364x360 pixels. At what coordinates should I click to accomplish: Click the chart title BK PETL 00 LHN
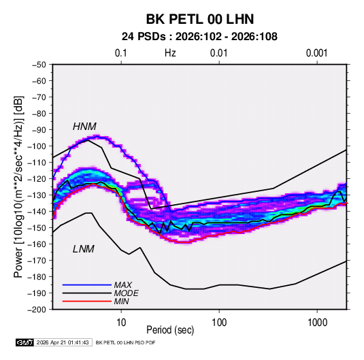click(x=200, y=19)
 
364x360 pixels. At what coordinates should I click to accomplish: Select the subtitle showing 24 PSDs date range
click(x=199, y=37)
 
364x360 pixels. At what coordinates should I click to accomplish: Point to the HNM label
click(x=84, y=127)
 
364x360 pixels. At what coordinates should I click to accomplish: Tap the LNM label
click(x=83, y=249)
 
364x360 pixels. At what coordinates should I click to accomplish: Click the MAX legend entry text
click(x=122, y=284)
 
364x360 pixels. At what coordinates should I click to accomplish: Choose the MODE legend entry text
click(x=126, y=293)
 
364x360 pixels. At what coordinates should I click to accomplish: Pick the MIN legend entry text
click(x=121, y=301)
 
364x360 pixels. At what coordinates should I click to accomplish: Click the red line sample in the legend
click(x=87, y=301)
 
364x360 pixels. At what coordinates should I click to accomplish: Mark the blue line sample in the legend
click(x=87, y=285)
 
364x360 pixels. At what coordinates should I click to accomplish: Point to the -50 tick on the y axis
click(x=39, y=65)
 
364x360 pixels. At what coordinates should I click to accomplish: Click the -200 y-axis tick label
click(x=37, y=310)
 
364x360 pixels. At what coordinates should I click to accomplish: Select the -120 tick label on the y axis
click(x=37, y=179)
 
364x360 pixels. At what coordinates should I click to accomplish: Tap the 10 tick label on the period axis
click(x=121, y=323)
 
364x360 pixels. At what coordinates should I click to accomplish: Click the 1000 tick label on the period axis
click(x=317, y=323)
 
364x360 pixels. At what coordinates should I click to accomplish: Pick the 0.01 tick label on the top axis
click(x=218, y=53)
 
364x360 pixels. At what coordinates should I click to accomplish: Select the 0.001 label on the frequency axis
click(x=316, y=53)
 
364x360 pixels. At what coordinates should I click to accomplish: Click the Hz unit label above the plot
click(x=170, y=53)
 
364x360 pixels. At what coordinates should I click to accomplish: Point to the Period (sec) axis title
click(x=170, y=330)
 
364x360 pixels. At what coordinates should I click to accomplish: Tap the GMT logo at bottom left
click(x=24, y=342)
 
